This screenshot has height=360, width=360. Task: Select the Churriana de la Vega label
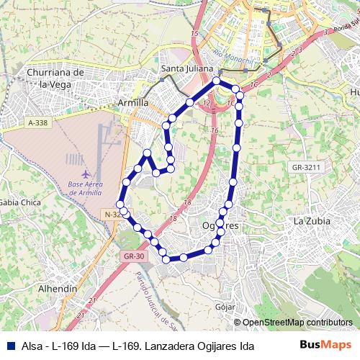pos(55,78)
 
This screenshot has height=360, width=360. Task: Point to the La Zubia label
pos(310,221)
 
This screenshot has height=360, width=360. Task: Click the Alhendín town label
pos(57,288)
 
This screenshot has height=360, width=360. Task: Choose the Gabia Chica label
pos(19,202)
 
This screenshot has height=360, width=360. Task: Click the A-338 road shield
pos(37,123)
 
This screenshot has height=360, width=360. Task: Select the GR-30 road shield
pos(135,255)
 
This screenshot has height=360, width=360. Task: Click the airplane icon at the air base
pos(86,174)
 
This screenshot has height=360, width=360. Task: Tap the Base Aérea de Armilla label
pos(86,187)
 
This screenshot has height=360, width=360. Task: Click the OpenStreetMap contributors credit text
pos(297,322)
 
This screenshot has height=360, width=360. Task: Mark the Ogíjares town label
pos(220,225)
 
